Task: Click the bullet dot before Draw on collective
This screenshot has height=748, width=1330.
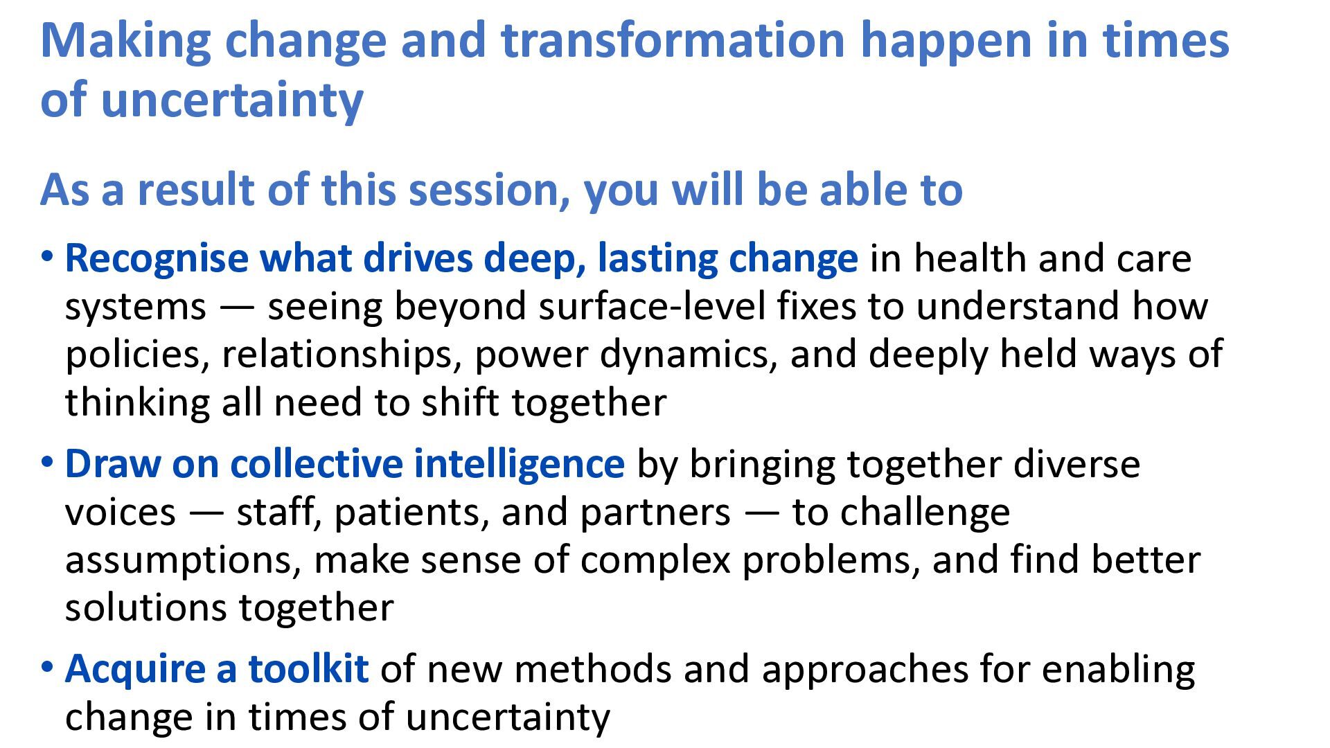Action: coord(47,461)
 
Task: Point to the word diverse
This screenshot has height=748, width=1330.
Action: coord(1076,463)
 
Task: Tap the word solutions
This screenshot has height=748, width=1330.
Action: coord(146,607)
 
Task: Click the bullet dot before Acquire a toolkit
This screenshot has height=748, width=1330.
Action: coord(47,666)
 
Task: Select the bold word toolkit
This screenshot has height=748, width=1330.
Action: coord(308,668)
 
